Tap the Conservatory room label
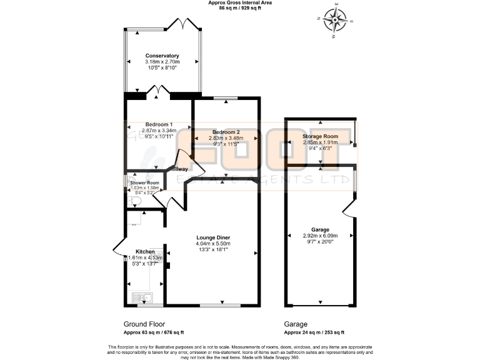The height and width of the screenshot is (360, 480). [162, 56]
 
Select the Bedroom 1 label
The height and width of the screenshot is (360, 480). [159, 124]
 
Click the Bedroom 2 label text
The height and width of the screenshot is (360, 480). [226, 132]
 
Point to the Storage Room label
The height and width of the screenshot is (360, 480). [320, 136]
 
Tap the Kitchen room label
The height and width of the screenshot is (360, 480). [145, 251]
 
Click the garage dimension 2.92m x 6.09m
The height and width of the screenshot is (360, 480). [320, 236]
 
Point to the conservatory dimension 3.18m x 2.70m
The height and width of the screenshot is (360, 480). [162, 62]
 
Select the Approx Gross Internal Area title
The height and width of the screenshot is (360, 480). [239, 3]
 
